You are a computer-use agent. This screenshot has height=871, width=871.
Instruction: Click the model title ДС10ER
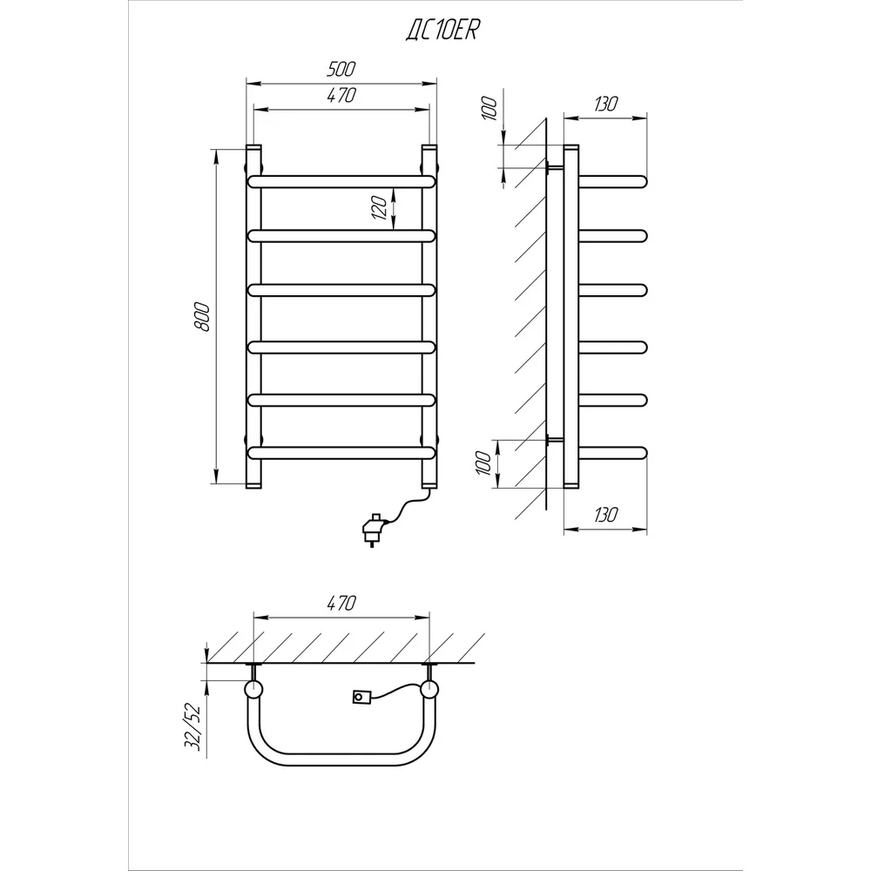point(442,31)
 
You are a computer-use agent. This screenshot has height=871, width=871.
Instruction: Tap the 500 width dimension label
point(341,70)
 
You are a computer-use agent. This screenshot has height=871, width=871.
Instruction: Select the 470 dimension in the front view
point(341,96)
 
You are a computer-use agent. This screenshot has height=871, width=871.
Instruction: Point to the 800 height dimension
point(202,317)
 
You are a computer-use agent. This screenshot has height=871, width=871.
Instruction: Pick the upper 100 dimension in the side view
point(489,108)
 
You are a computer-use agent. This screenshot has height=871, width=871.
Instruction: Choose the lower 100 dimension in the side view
point(483,463)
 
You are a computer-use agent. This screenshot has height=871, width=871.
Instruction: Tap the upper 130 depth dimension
point(605,104)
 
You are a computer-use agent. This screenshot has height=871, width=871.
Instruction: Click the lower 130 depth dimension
point(605,515)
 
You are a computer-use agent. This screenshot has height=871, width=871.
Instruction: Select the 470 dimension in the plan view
point(341,603)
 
